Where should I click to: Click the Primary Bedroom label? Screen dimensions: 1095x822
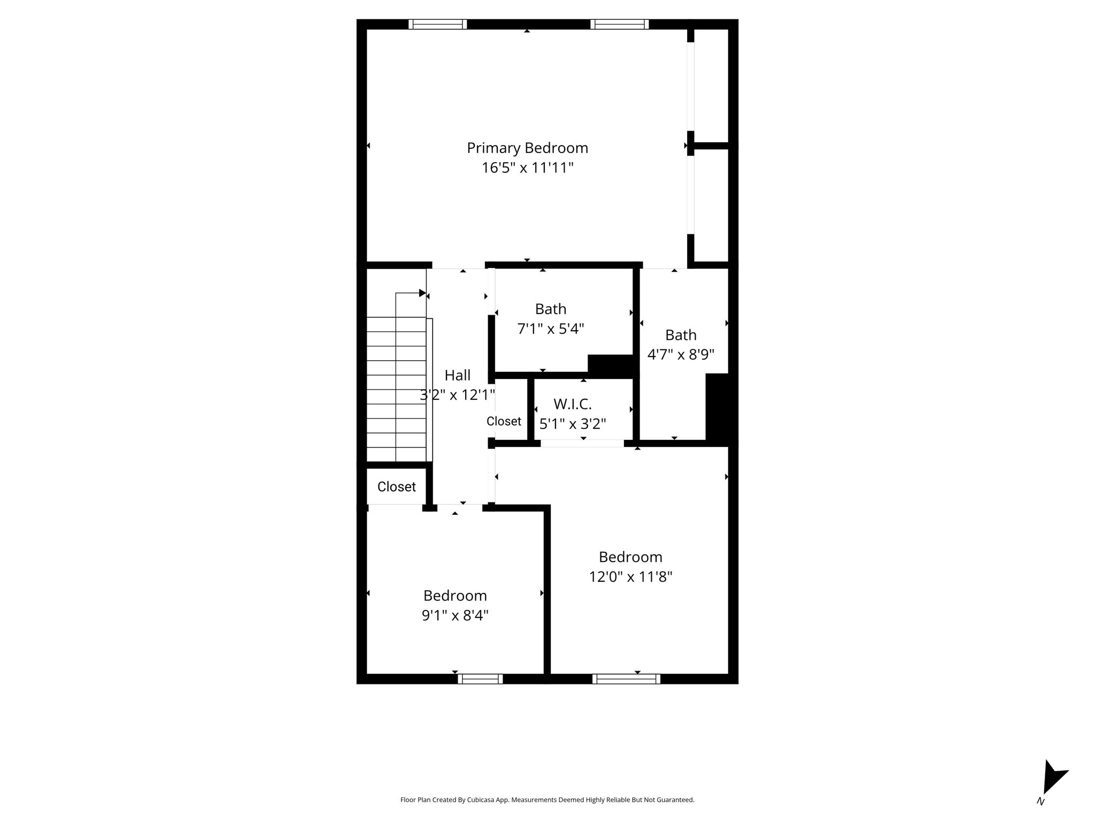coord(527,148)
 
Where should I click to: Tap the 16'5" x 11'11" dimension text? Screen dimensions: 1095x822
coord(527,168)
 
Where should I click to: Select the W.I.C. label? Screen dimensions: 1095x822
coord(572,404)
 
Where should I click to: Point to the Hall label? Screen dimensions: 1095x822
coord(458,375)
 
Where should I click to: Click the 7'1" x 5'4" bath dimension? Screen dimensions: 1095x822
coord(551,328)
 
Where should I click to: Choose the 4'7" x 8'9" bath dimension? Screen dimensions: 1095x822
coord(681,354)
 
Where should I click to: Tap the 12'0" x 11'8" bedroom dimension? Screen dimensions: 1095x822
coord(630,576)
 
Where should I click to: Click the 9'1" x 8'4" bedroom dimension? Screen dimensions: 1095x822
coord(455,615)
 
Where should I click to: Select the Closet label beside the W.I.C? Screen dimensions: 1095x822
coord(504,421)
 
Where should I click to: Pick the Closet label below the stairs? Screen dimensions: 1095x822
coord(396,486)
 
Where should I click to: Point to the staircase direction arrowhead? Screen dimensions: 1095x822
coord(422,293)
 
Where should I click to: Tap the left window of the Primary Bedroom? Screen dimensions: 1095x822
coord(437,24)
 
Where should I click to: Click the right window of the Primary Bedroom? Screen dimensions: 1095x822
coord(619,24)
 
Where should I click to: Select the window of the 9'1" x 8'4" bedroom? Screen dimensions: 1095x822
coord(480,679)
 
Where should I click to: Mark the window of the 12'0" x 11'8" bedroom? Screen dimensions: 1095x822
coord(626,679)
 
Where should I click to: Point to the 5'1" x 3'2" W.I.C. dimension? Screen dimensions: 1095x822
coord(572,424)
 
